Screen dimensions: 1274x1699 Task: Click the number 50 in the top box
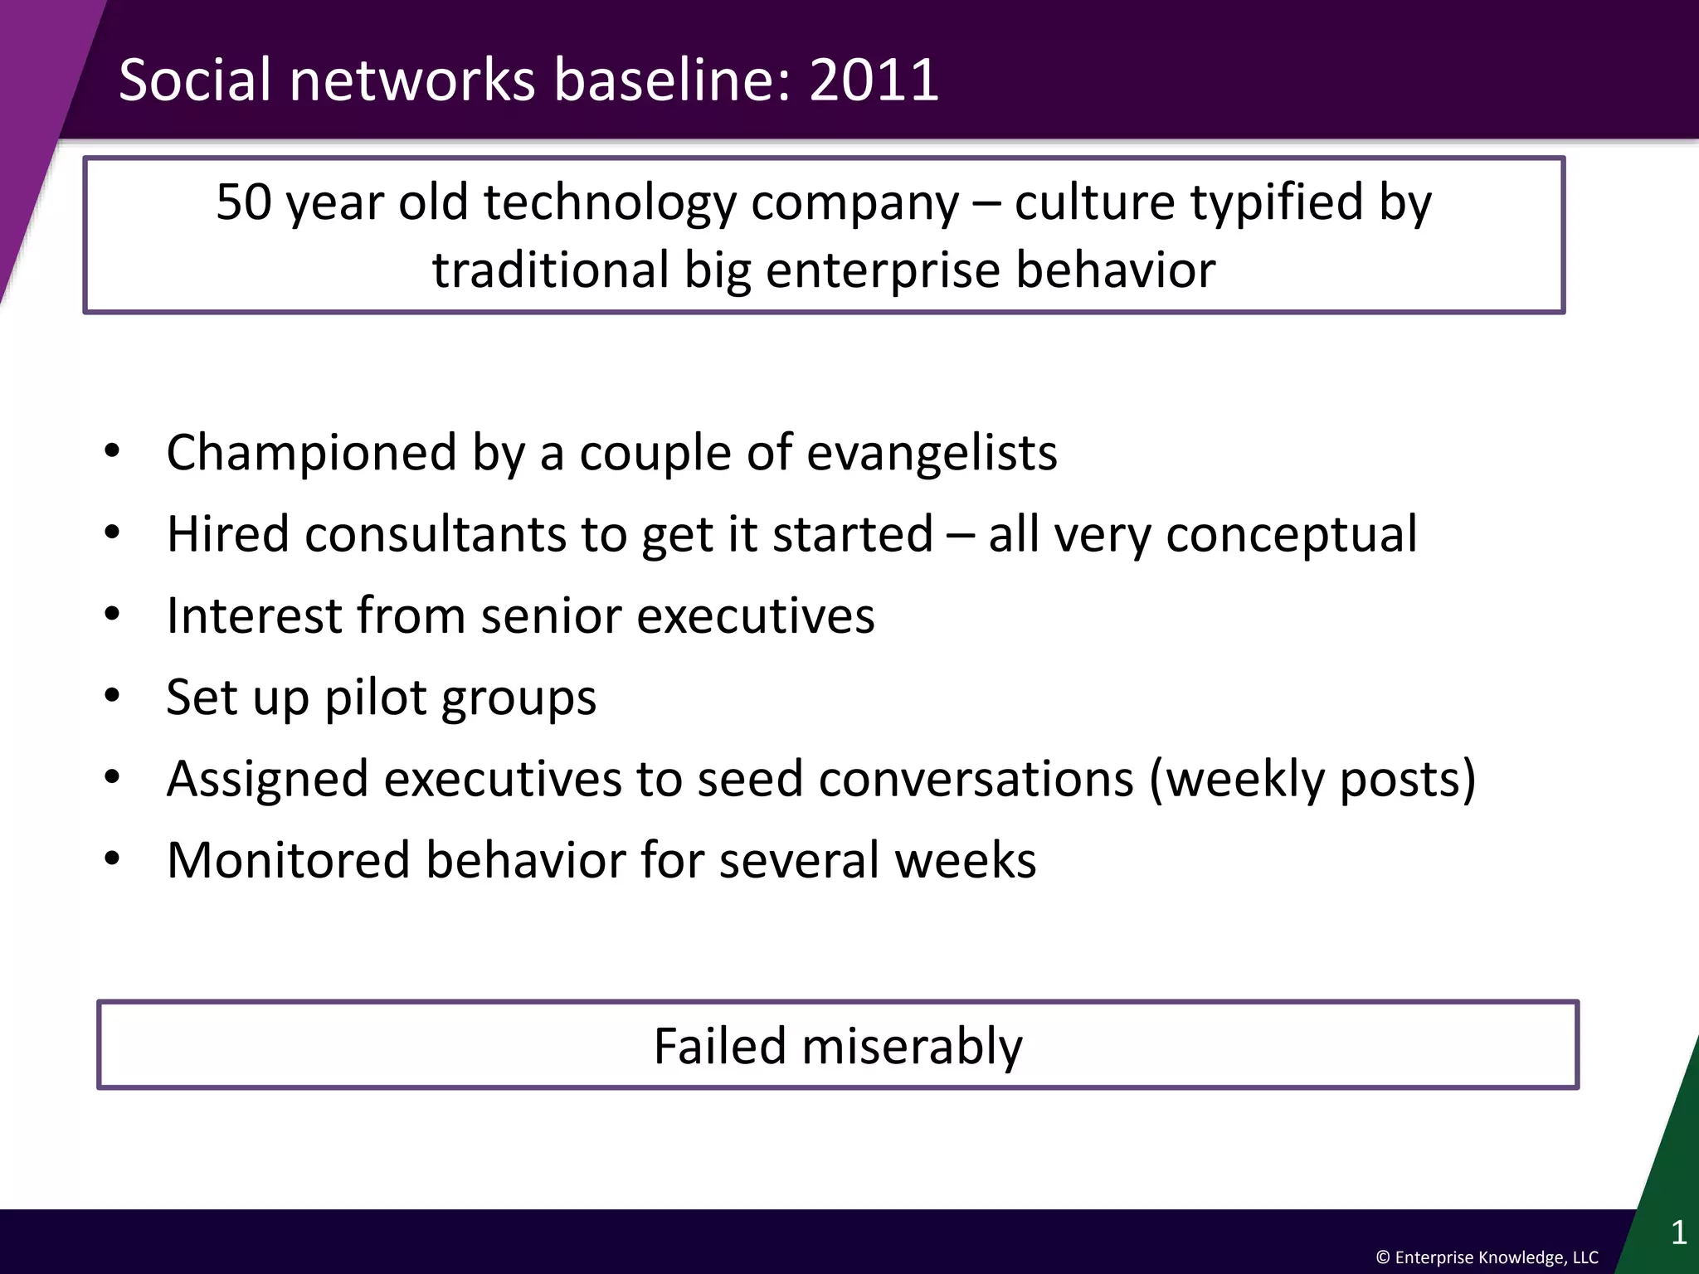244,202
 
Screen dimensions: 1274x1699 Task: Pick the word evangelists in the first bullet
932,454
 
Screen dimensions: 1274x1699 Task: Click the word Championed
311,454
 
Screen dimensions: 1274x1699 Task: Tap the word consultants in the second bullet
436,534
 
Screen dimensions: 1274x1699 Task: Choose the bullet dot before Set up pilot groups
113,695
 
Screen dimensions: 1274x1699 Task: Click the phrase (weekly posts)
1312,780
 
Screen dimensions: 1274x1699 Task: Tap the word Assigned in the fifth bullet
267,780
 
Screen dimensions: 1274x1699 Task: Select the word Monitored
288,860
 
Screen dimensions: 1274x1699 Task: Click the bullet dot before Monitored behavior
113,859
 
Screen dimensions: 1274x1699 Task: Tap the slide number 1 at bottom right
1678,1233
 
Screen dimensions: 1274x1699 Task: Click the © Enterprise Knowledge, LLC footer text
1487,1257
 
